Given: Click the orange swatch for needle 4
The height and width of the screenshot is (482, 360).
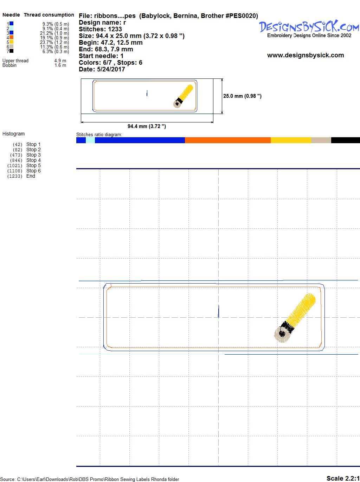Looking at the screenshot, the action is coord(11,37).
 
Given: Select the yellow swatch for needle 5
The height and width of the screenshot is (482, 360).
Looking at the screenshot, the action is coord(11,42).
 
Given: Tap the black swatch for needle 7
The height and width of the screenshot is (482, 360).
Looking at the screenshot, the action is coord(11,51).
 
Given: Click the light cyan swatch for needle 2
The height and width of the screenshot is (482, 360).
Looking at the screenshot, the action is coord(11,28).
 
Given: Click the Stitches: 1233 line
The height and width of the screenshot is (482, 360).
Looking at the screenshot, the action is coord(100,29).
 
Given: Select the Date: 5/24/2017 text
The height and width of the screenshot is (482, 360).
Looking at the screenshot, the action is coord(102,69).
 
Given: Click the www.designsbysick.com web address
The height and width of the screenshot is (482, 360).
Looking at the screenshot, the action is coord(306,55).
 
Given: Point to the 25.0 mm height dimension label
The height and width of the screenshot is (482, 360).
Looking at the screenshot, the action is coord(242,96).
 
